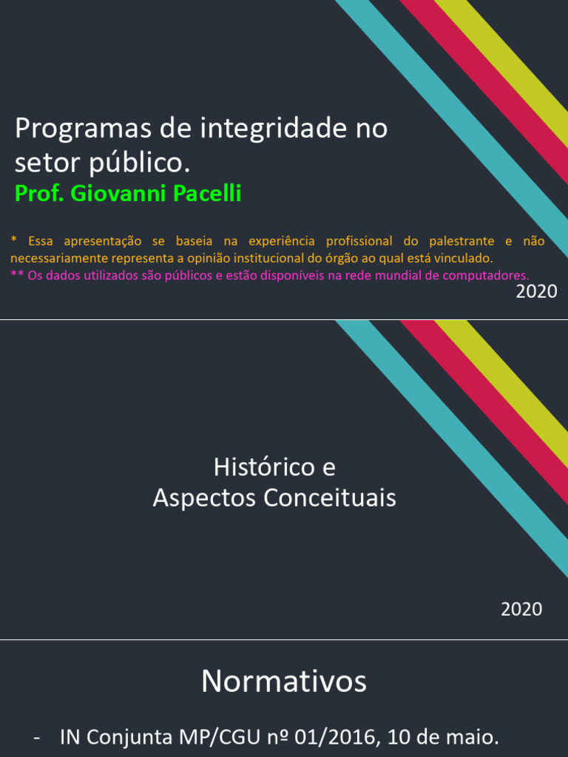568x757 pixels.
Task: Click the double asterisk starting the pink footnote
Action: (x=17, y=275)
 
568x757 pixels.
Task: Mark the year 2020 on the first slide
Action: (x=536, y=291)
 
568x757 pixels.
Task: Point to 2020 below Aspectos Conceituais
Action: (x=521, y=609)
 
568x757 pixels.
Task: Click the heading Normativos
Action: (x=284, y=681)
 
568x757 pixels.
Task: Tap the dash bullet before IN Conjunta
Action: (x=37, y=738)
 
